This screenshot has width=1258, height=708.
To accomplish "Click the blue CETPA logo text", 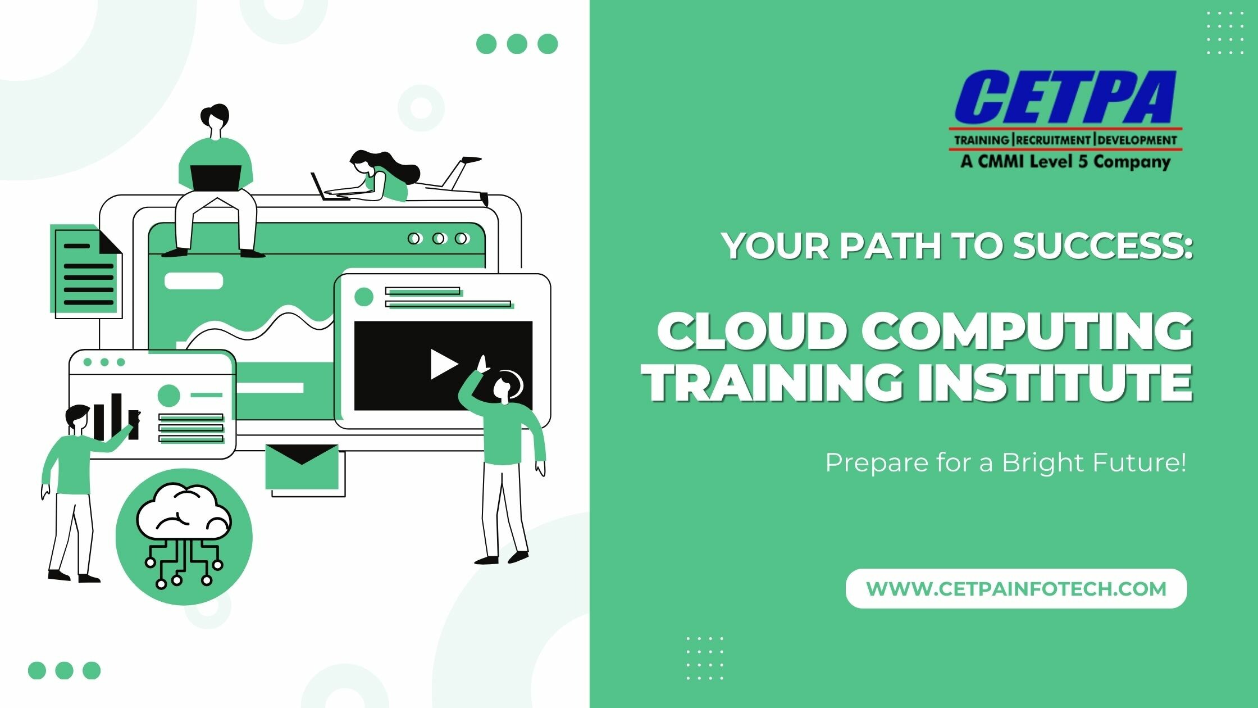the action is point(1066,99).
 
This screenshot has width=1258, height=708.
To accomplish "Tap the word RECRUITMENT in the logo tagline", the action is point(1054,140).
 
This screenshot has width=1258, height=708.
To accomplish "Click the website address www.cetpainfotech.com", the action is point(1017,589).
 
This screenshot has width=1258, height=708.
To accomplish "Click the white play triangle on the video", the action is point(443,364).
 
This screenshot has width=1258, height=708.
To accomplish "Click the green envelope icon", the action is point(302,466).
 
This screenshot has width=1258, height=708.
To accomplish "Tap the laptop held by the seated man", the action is point(216,178).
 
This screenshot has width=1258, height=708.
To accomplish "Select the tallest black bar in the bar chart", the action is point(116,417).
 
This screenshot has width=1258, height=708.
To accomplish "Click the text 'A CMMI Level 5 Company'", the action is point(1065,162).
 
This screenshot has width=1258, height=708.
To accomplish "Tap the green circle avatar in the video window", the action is point(364,297).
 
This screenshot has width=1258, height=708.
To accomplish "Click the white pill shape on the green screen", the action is point(194,281).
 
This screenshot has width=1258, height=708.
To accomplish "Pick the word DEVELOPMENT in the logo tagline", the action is point(1137,140).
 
